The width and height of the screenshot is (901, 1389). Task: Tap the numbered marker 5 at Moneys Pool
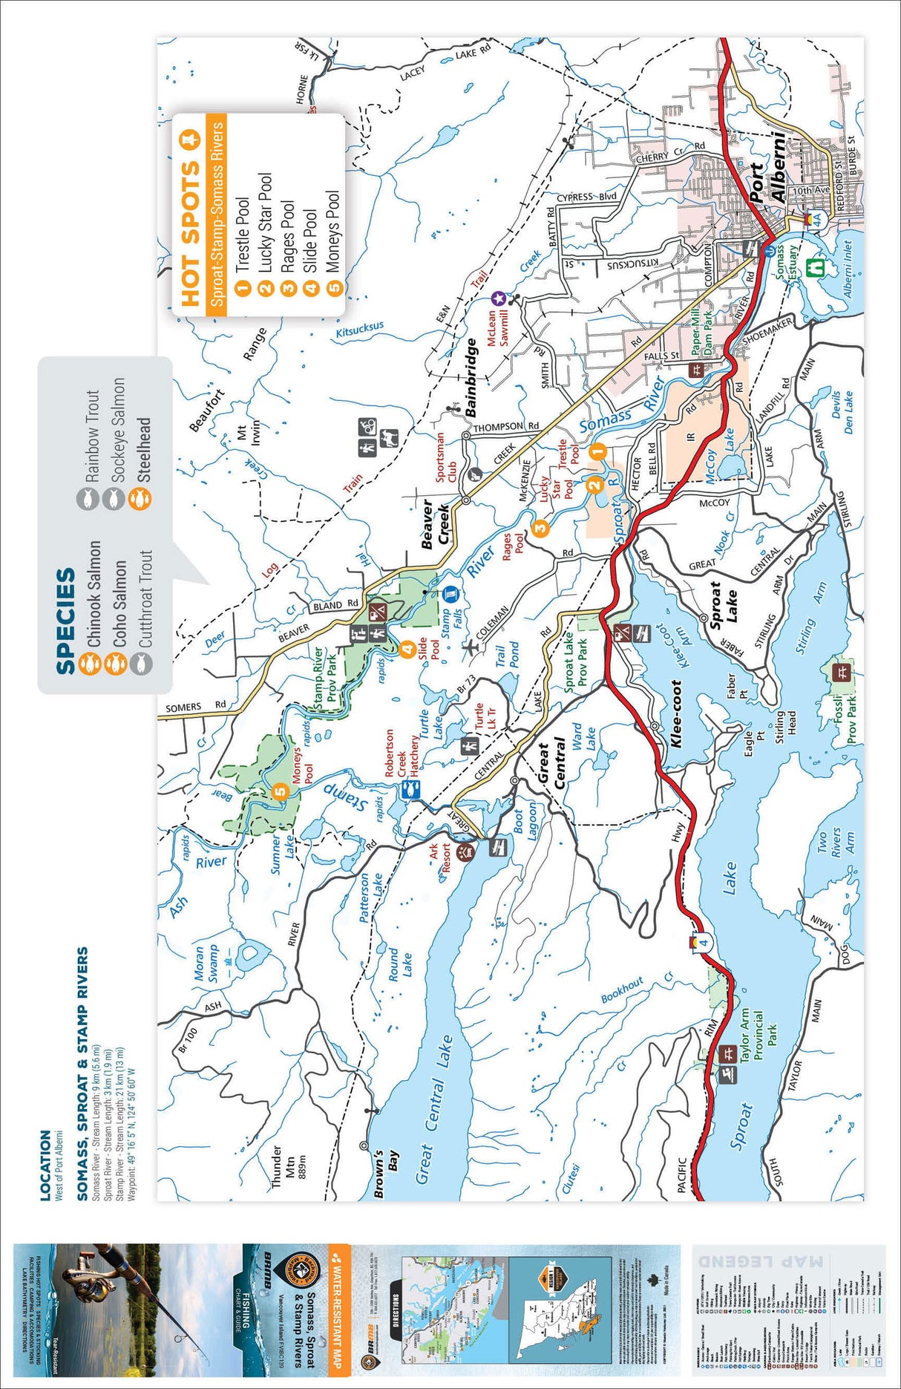280,791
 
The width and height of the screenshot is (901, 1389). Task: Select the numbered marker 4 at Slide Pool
407,650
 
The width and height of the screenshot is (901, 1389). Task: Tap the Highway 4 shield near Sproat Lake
703,942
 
